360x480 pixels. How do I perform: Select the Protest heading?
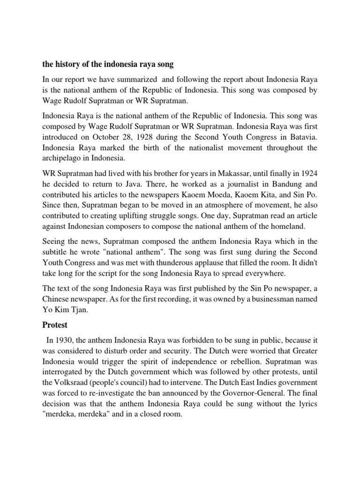click(x=55, y=324)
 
